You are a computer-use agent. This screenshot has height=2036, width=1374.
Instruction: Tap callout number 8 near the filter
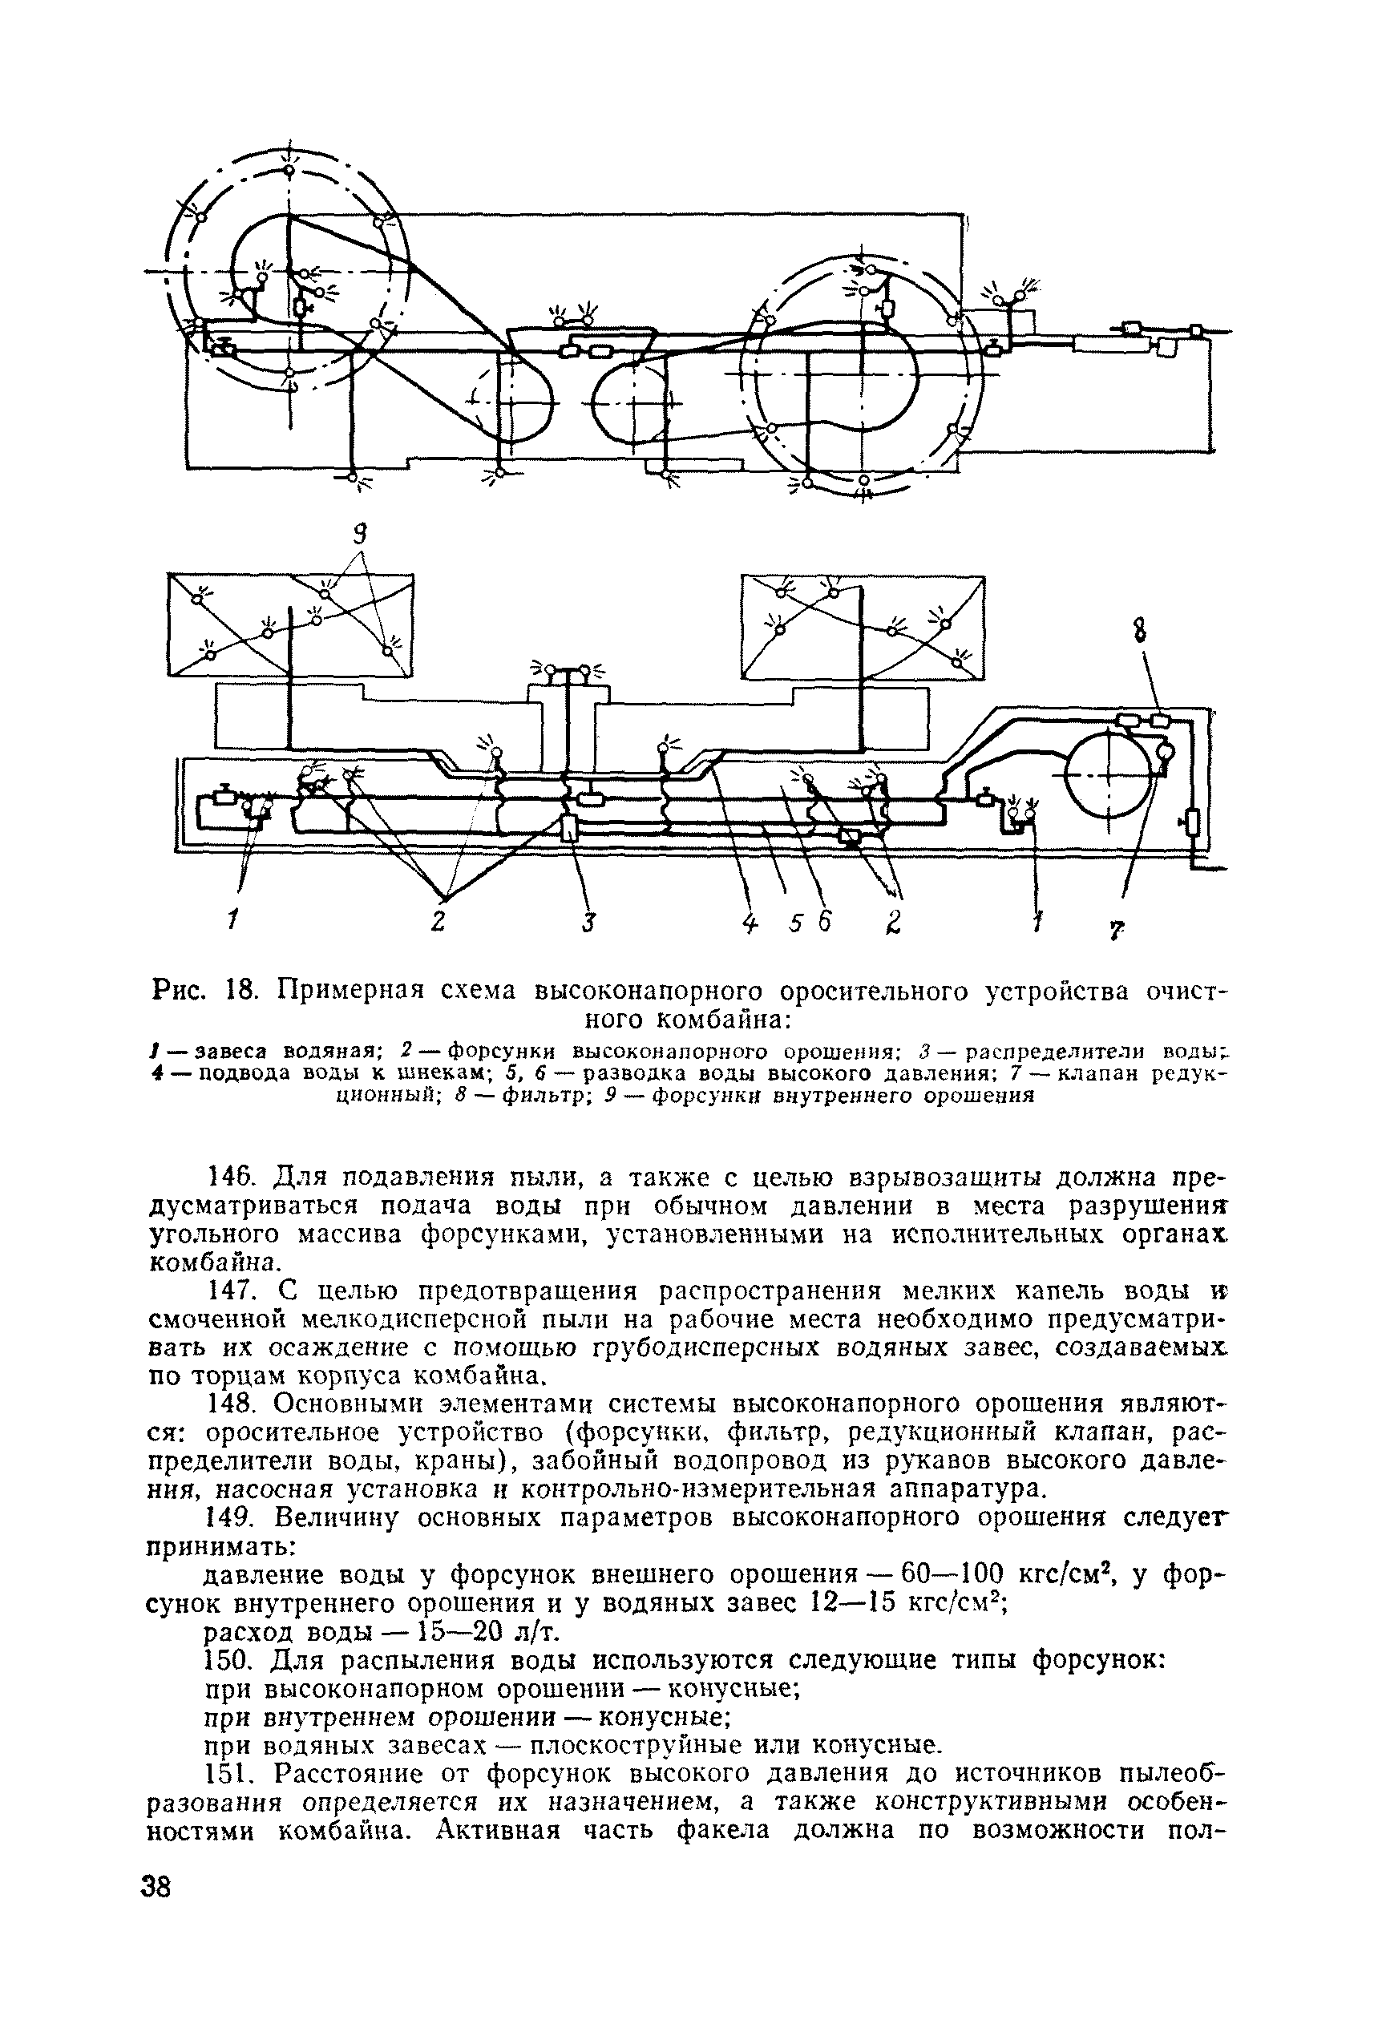point(1140,631)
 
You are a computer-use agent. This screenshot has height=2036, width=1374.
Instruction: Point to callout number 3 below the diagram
point(590,923)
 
